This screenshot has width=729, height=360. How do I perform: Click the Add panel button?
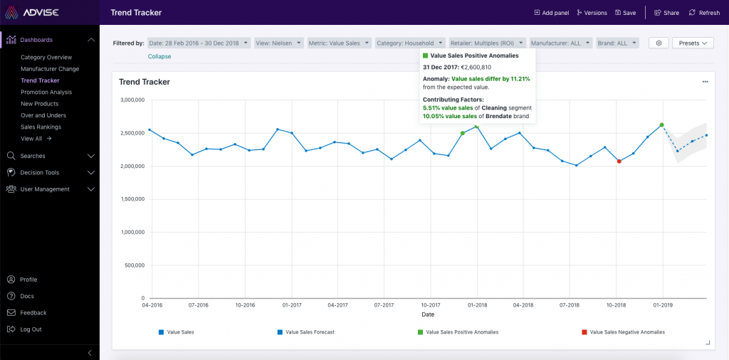coord(551,13)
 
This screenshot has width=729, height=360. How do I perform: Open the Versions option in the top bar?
coord(592,13)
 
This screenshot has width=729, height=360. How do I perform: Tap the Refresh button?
coord(704,13)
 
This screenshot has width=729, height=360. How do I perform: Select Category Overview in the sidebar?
coord(46,57)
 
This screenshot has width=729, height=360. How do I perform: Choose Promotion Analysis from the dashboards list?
coord(46,92)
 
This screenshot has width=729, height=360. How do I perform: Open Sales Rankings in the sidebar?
coord(41,127)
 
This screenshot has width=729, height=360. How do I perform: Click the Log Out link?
coord(31,329)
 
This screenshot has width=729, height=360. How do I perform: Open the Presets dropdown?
coord(692,43)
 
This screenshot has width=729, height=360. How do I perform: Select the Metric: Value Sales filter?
coord(339,43)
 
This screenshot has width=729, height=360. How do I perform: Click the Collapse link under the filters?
coord(159,56)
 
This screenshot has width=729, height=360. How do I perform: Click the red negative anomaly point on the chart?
coord(619,162)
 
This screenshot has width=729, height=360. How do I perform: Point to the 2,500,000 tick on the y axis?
coord(132,133)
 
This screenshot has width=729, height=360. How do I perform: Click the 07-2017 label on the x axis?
coord(383,305)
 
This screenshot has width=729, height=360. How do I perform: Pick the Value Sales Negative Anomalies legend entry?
coord(626,332)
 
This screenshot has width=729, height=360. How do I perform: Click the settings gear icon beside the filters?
coord(659,43)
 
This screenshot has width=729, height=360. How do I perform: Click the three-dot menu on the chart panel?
coord(705,82)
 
